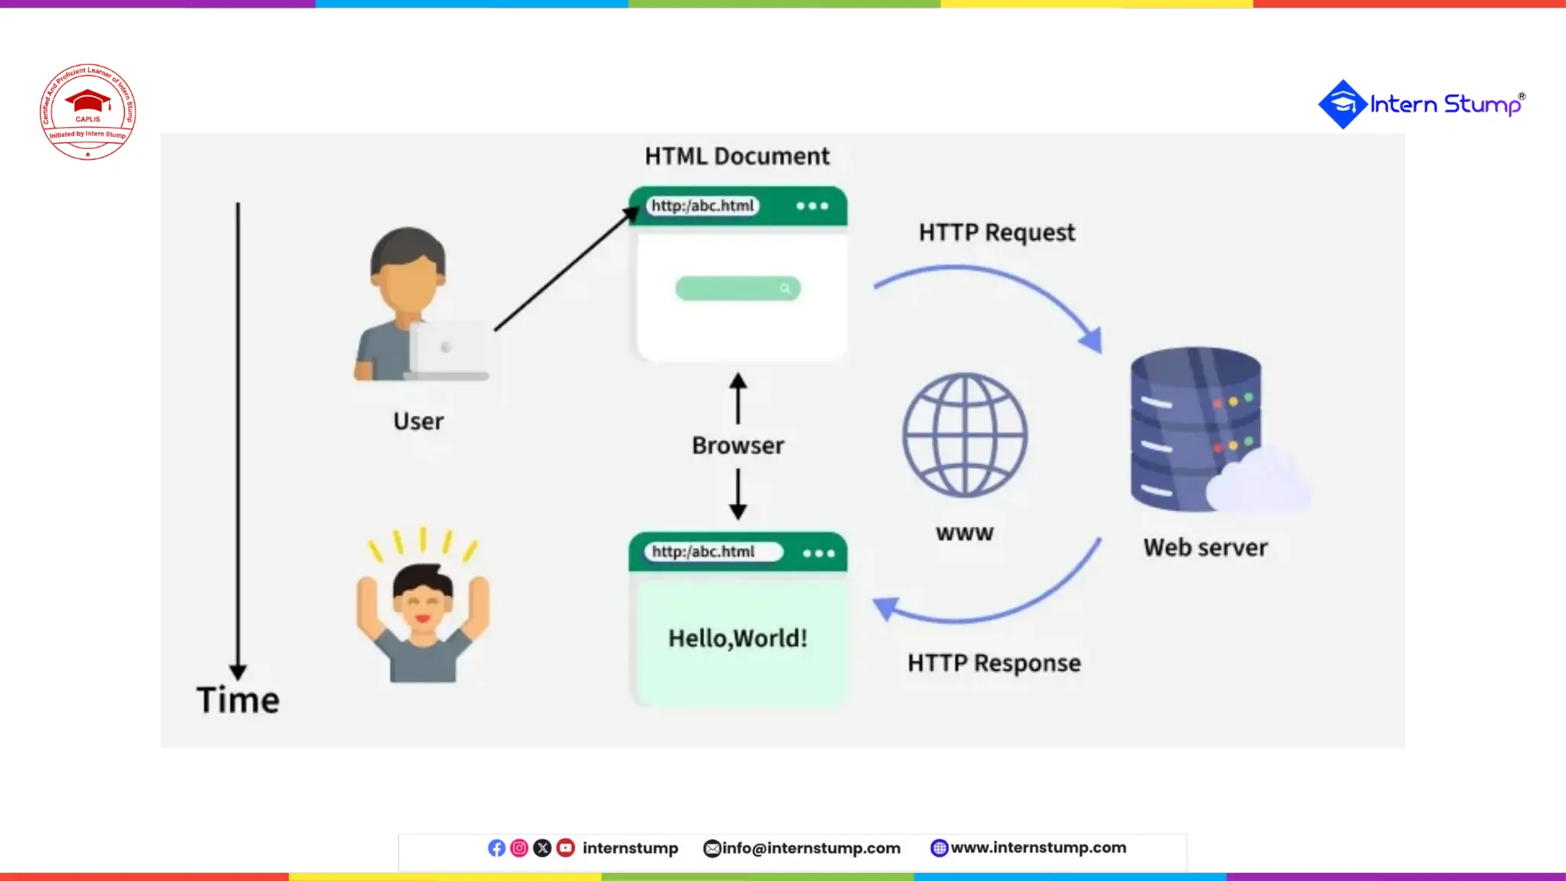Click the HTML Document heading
(736, 156)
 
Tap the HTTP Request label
(996, 232)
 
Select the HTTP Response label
(994, 662)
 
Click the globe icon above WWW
(965, 434)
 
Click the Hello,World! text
(738, 638)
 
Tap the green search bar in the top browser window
(737, 288)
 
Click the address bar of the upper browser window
(703, 206)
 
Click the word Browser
(738, 445)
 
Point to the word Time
(238, 700)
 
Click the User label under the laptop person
(418, 421)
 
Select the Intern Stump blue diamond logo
(1342, 104)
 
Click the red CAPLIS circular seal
(88, 112)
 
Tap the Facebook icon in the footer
(496, 848)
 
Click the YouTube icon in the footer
(566, 848)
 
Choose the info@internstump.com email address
(811, 848)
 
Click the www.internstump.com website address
(1038, 847)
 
